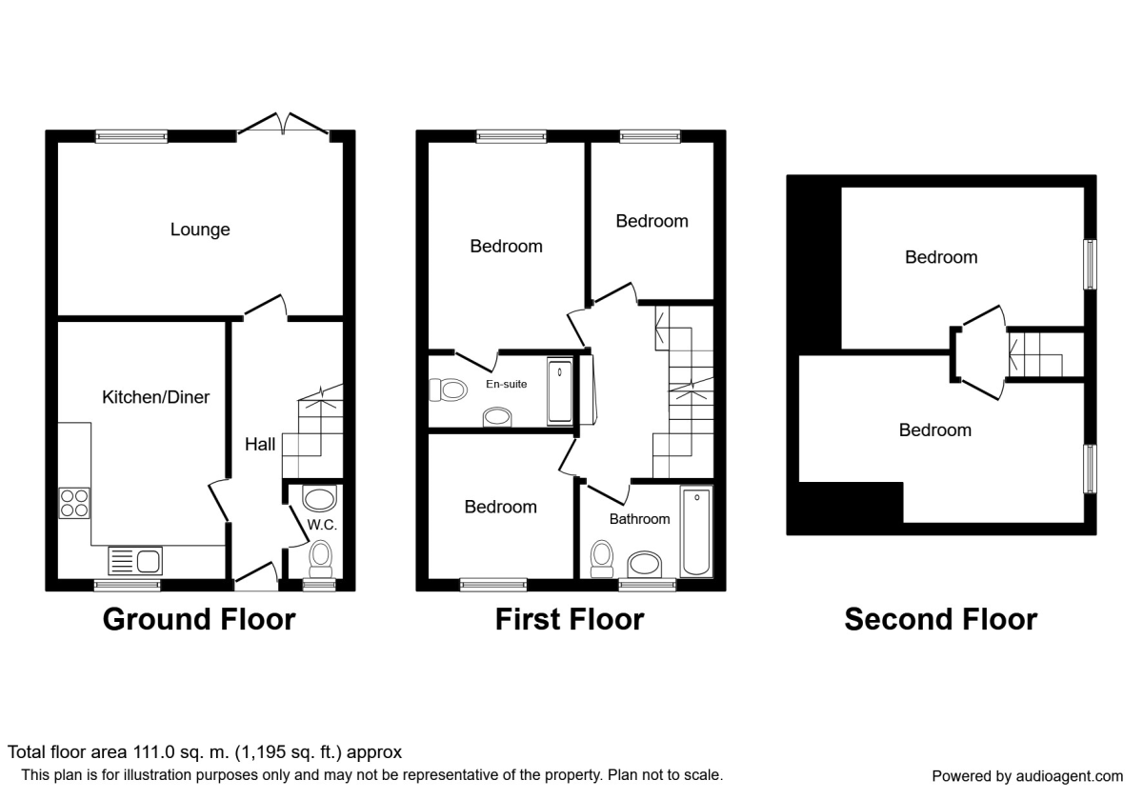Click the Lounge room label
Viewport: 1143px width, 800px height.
[x=200, y=230]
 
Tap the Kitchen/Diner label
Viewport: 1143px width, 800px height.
[x=155, y=397]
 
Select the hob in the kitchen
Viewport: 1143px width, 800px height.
[x=74, y=502]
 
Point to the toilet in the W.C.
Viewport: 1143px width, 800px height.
[x=321, y=557]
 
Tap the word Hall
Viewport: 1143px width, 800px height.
[x=260, y=445]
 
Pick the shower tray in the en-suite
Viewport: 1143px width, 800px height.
[x=560, y=391]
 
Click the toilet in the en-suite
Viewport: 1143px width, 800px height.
[x=447, y=390]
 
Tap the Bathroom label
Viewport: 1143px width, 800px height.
[x=639, y=519]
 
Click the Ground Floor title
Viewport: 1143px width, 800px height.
[x=199, y=620]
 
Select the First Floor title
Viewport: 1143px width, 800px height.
[x=569, y=620]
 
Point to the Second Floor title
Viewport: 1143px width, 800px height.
[x=940, y=620]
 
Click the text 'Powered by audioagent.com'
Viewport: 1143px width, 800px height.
[x=1027, y=775]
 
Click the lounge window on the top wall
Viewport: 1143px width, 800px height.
[x=131, y=137]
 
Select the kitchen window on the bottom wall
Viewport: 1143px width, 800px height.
[x=127, y=585]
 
